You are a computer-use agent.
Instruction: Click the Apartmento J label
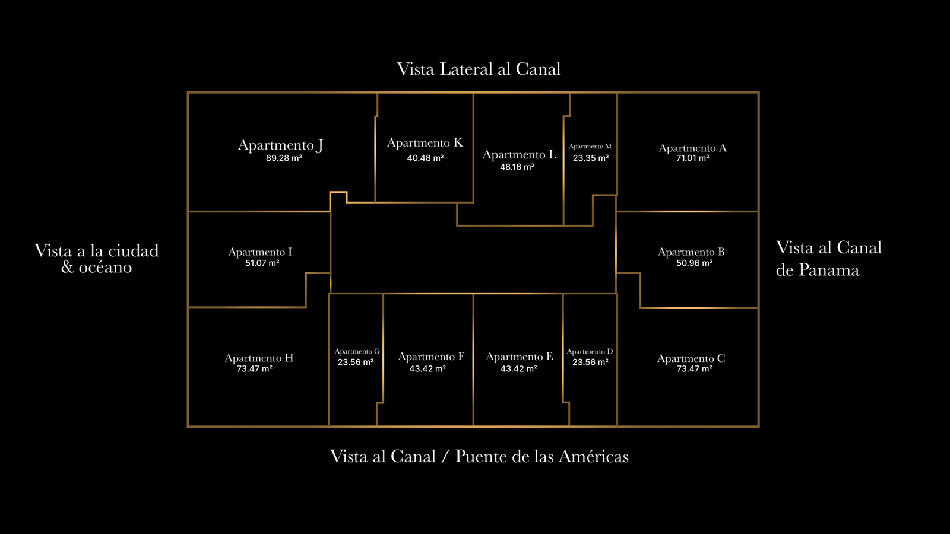coord(280,145)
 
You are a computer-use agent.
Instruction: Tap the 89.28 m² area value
coord(284,158)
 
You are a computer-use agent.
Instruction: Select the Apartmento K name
coord(425,143)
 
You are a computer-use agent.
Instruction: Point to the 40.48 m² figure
coord(425,158)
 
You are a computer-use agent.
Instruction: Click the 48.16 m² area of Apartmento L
coord(517,167)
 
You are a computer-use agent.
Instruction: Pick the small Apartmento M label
coord(590,147)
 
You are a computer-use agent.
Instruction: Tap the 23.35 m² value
coord(590,158)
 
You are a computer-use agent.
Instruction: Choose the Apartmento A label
coord(692,148)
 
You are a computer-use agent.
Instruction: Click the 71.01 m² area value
coord(692,158)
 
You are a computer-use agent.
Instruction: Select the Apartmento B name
coord(691,252)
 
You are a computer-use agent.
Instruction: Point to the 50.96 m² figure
coord(694,263)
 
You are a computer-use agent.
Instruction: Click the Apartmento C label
coord(691,358)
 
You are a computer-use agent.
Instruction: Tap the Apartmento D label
coord(590,352)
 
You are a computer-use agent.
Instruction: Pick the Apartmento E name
coord(520,357)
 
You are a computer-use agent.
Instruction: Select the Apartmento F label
coord(431,357)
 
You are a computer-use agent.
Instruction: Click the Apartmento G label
coord(357,352)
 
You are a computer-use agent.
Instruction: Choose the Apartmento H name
coord(259,358)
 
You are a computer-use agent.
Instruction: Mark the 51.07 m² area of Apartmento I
coord(262,263)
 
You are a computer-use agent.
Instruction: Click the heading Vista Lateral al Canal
coord(479,69)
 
